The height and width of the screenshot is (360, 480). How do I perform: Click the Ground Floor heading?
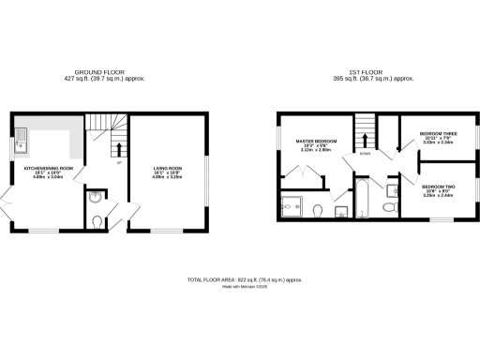click(99, 71)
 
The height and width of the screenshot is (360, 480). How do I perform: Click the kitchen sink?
click(21, 143)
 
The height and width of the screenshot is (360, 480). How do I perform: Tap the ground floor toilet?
click(98, 221)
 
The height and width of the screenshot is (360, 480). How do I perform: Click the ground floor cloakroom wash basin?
click(95, 198)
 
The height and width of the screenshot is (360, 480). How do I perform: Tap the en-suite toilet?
click(319, 209)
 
